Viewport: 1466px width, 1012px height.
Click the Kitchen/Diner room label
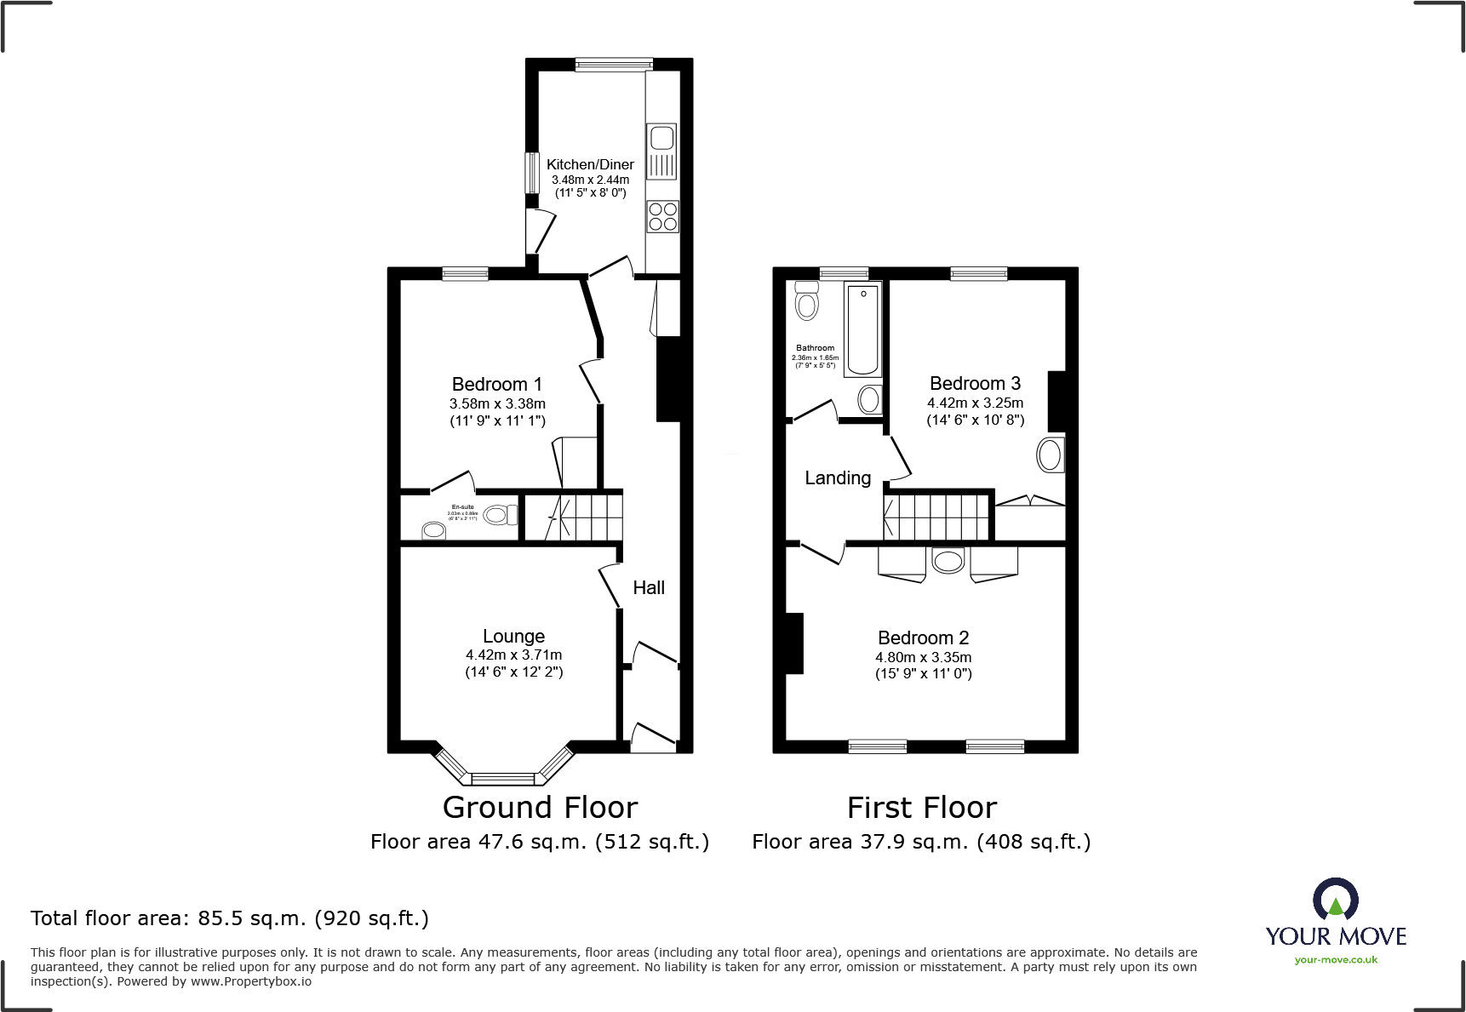point(590,164)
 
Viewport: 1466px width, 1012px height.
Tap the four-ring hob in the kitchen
point(662,216)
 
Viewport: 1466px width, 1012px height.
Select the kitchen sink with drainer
point(662,152)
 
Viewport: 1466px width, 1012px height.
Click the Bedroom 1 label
point(496,384)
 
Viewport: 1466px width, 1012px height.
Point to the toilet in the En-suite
point(500,515)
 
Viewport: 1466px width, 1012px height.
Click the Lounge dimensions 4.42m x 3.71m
point(513,655)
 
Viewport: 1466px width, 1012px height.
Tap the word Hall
point(649,587)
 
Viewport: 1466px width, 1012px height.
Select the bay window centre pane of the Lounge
point(502,778)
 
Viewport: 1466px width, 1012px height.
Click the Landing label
point(838,478)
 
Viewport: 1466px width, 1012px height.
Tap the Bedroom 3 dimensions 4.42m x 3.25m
point(975,403)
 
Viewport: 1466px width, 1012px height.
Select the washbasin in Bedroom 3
point(1051,455)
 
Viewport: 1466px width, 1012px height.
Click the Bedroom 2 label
point(923,638)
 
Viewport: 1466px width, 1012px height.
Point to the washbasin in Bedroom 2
point(948,560)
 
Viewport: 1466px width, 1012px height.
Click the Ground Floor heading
point(540,807)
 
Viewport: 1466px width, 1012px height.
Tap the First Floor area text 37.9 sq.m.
point(921,842)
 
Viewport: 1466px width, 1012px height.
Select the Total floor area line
point(230,918)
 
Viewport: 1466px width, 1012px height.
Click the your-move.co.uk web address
point(1336,960)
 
